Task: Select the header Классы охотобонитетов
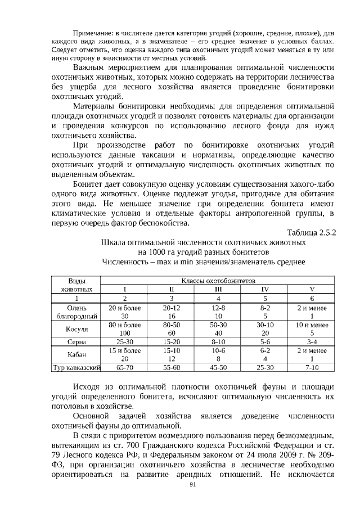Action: click(218, 280)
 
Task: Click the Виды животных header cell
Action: click(76, 284)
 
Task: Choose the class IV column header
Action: click(265, 289)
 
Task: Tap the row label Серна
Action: click(76, 341)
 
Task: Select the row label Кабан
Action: click(76, 354)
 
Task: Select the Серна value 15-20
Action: click(172, 341)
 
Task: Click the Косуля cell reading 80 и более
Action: click(124, 325)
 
